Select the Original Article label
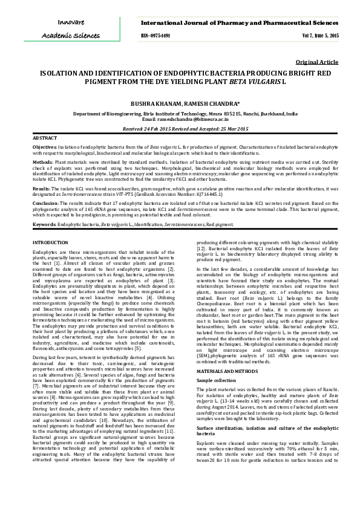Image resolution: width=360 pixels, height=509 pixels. [318, 62]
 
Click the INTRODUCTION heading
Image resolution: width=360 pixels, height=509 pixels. [50, 242]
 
